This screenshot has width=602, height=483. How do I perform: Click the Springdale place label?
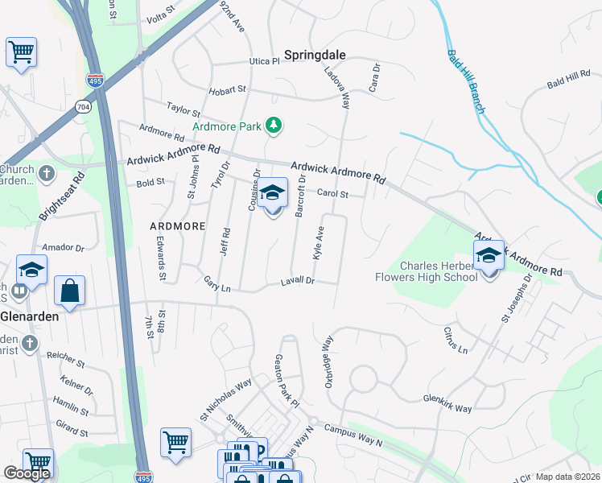(314, 55)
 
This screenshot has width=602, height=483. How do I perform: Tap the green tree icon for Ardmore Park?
(275, 126)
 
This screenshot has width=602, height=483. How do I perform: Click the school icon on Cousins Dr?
(273, 194)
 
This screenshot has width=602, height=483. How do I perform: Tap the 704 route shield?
(83, 106)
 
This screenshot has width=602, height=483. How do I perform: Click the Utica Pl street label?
(264, 60)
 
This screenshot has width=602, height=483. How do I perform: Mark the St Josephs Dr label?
(517, 298)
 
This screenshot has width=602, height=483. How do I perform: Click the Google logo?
(27, 473)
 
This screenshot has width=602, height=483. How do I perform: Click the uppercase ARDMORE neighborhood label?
(177, 226)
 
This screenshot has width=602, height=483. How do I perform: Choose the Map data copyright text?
(567, 476)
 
